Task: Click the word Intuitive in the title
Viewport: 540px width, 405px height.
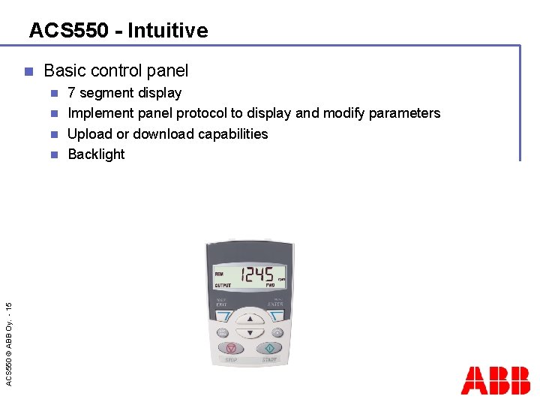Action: tap(167, 31)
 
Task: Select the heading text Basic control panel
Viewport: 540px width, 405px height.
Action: tap(116, 71)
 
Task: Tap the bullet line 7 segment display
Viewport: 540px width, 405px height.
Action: tap(124, 93)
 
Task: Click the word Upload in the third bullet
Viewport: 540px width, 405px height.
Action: tap(89, 134)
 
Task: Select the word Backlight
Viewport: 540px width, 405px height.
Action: tap(96, 154)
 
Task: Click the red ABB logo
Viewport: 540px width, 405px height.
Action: tap(495, 381)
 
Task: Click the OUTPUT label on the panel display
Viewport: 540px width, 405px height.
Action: tap(223, 286)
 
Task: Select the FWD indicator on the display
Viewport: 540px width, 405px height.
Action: tap(270, 286)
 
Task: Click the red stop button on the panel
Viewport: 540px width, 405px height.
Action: tap(232, 349)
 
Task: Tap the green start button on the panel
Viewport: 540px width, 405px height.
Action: tap(268, 349)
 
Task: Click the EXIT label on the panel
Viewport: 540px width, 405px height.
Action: tap(221, 304)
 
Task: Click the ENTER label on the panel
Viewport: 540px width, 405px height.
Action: tap(275, 304)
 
